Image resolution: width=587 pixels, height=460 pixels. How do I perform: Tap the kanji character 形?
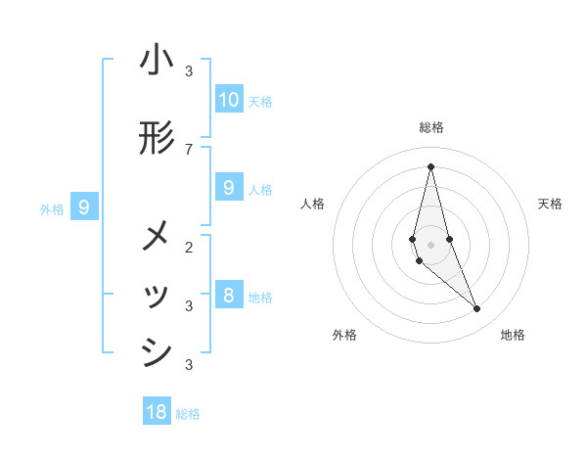click(x=157, y=140)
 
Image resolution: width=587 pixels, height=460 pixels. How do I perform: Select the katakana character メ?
click(x=157, y=236)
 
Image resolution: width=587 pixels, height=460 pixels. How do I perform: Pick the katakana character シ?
click(x=157, y=353)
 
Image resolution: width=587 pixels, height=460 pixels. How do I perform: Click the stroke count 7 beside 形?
click(x=189, y=149)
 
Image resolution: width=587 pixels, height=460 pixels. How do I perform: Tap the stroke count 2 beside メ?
click(x=189, y=246)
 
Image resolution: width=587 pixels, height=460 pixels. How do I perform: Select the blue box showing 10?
click(x=229, y=100)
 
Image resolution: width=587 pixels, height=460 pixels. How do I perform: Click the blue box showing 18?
click(x=157, y=412)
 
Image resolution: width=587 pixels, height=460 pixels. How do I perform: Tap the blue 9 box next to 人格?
click(x=229, y=188)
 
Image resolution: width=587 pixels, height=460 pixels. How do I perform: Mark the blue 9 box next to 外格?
click(x=84, y=207)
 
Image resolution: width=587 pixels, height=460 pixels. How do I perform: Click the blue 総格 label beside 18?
click(x=188, y=414)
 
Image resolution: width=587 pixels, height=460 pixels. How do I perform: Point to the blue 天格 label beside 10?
click(x=260, y=102)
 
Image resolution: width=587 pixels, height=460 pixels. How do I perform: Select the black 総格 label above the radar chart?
click(x=431, y=127)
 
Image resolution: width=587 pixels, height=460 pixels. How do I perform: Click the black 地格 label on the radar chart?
click(x=513, y=335)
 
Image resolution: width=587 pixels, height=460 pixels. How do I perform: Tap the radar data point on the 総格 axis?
click(x=430, y=166)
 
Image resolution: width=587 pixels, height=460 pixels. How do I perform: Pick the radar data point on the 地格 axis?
click(x=476, y=309)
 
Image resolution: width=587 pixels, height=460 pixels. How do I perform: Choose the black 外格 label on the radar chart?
click(x=344, y=335)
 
